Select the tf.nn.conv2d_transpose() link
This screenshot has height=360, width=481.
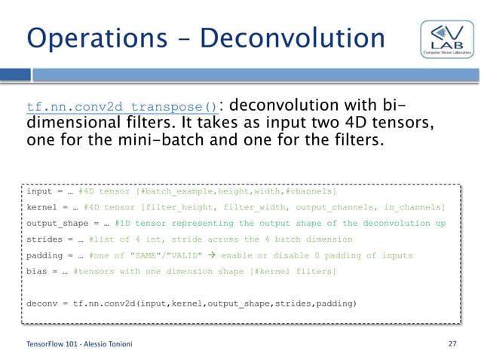(122, 106)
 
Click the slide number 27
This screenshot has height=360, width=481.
(452, 344)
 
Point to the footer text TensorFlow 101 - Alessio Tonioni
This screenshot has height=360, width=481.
(74, 344)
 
